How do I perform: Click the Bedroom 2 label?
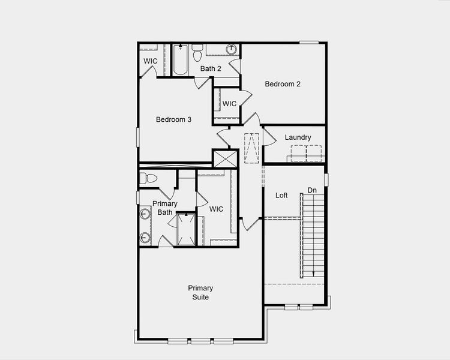(x=283, y=84)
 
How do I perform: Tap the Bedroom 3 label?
(x=173, y=119)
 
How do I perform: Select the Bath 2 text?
(x=211, y=68)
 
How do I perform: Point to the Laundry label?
(x=298, y=137)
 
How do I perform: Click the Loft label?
(x=281, y=196)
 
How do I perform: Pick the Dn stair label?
(x=312, y=190)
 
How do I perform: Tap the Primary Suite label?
(x=200, y=293)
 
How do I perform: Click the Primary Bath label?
(x=164, y=208)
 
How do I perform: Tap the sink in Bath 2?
(x=231, y=50)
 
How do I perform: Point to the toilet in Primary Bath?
(x=148, y=178)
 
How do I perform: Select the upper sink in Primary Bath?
(x=145, y=214)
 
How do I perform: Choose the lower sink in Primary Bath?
(x=145, y=237)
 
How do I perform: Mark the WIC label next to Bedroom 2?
(x=230, y=104)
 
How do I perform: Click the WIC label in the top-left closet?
(x=151, y=61)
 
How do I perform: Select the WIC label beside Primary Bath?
(x=217, y=209)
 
